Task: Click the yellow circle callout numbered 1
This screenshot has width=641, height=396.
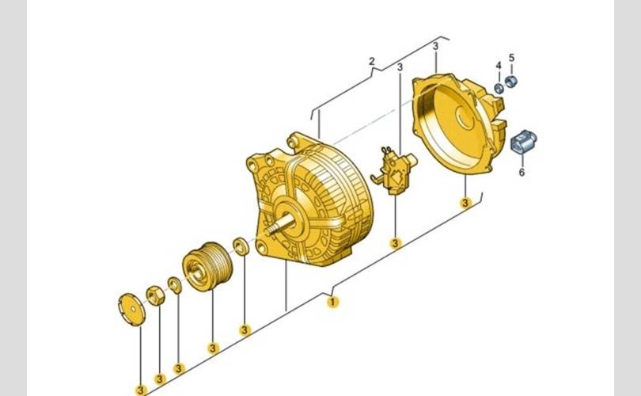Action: click(x=332, y=302)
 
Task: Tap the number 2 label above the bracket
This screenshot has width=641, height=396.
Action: click(x=371, y=61)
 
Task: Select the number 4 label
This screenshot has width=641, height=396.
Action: click(x=499, y=66)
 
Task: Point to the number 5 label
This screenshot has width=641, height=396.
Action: click(x=511, y=58)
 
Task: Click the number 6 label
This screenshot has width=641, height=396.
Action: click(x=522, y=172)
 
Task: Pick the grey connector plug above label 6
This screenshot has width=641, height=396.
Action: click(x=523, y=142)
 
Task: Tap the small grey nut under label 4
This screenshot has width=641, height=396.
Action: click(x=499, y=88)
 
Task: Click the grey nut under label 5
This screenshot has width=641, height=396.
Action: click(x=511, y=82)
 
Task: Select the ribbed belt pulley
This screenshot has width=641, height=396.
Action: click(x=207, y=266)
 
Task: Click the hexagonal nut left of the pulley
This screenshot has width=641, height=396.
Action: click(x=155, y=295)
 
